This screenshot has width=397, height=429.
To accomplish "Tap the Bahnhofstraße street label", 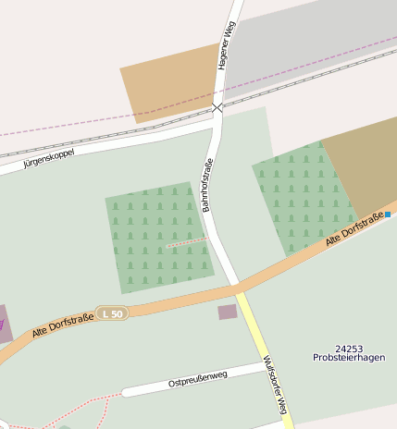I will [x=207, y=186].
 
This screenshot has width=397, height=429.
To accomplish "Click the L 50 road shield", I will [x=112, y=313].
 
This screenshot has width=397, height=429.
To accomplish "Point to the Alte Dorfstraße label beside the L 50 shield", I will [x=63, y=325].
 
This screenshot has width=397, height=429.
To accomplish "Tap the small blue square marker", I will [x=388, y=214].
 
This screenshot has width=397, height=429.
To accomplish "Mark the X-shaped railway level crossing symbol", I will [x=217, y=108].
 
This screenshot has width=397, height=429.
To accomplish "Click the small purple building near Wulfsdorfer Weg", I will [x=227, y=313].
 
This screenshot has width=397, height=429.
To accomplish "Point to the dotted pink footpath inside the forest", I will [x=185, y=242].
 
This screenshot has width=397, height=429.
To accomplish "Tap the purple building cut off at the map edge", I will [x=4, y=324].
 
